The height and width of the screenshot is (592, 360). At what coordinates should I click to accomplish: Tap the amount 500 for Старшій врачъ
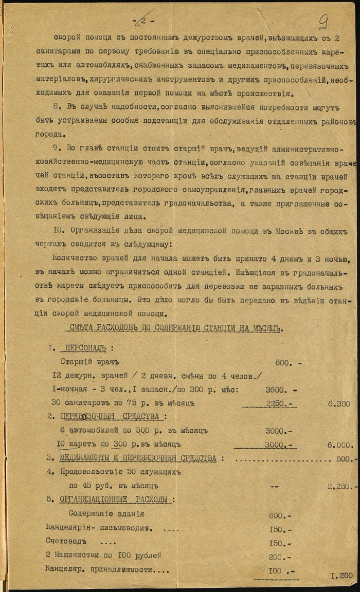pyautogui.click(x=283, y=362)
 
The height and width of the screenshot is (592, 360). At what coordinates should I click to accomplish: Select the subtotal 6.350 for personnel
pyautogui.click(x=339, y=404)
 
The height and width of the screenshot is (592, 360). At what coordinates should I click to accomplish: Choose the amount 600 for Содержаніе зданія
pyautogui.click(x=277, y=513)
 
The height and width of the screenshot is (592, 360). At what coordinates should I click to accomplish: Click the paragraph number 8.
pyautogui.click(x=57, y=106)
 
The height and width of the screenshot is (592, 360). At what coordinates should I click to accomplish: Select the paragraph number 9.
pyautogui.click(x=57, y=148)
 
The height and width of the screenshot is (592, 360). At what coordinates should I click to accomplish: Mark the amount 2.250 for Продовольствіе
pyautogui.click(x=340, y=486)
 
